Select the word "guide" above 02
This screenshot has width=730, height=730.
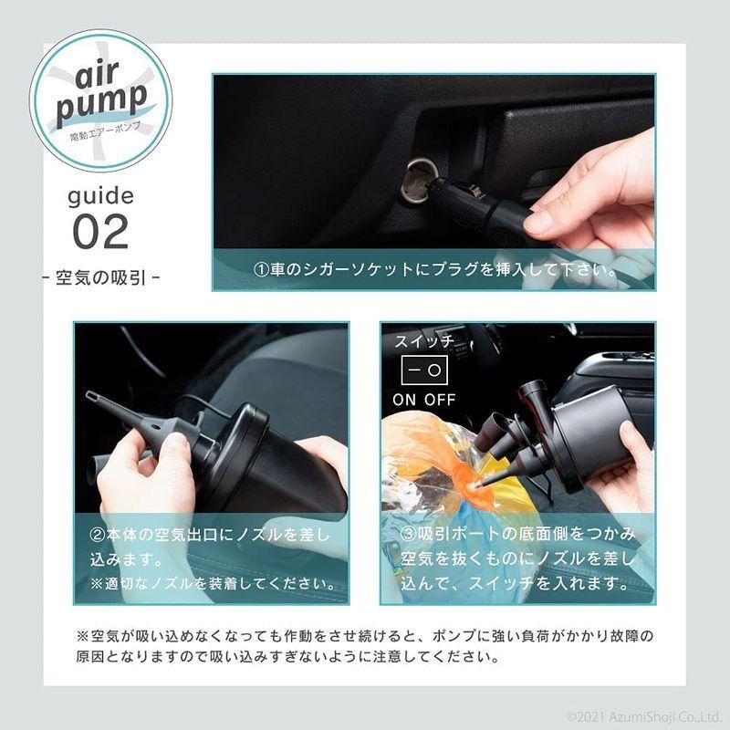(x=100, y=194)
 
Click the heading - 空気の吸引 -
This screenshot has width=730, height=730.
(x=100, y=275)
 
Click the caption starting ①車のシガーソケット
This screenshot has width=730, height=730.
(x=433, y=271)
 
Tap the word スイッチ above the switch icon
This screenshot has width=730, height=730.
(x=423, y=341)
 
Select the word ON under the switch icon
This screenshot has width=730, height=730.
(x=406, y=400)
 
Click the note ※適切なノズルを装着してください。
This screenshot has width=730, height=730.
(x=213, y=582)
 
